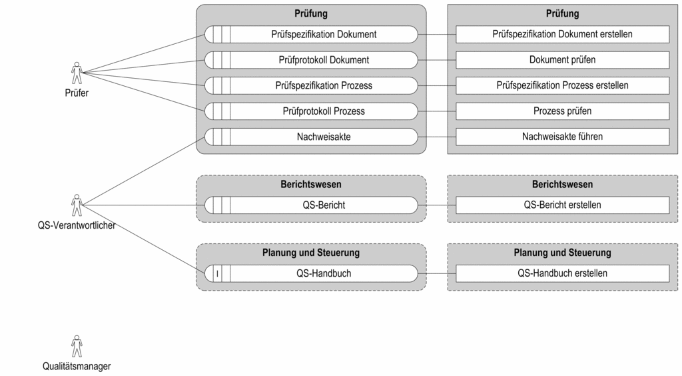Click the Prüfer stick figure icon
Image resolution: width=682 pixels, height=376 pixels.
tap(77, 73)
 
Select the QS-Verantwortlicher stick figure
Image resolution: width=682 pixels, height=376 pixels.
tap(77, 205)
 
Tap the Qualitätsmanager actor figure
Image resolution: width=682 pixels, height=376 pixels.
tap(77, 346)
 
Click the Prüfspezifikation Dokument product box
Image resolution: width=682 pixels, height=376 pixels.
tap(311, 35)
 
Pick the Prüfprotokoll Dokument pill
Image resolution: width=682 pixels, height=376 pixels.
tap(311, 60)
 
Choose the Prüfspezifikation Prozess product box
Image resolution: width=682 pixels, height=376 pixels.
tap(311, 86)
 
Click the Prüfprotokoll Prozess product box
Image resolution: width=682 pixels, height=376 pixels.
tap(311, 111)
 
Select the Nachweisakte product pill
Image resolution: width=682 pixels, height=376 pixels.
tap(311, 137)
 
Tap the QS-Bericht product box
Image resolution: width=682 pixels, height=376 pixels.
tap(311, 205)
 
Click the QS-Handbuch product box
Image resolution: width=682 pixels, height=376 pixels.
tap(311, 273)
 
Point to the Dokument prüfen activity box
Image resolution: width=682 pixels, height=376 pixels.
tap(562, 60)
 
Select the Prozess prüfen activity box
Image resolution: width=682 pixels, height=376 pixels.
tap(562, 111)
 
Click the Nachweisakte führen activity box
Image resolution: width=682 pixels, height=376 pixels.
tap(562, 137)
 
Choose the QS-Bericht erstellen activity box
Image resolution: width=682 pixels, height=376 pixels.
tap(562, 205)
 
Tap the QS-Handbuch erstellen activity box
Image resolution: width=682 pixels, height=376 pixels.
tap(562, 273)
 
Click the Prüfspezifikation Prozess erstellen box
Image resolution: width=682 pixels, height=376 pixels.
tap(562, 86)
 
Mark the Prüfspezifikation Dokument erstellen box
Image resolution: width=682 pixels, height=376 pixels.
tap(562, 35)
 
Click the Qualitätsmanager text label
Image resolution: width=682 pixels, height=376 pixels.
tap(77, 367)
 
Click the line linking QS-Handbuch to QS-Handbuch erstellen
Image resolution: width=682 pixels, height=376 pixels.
tap(437, 273)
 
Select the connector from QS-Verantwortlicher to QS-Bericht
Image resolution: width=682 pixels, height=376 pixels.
tap(144, 205)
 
